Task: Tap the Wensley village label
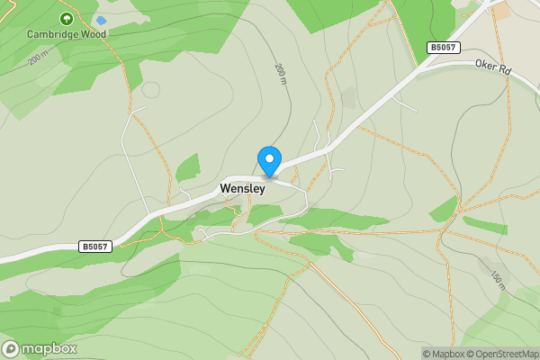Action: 242,190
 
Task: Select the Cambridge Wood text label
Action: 66,34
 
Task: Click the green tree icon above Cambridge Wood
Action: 66,18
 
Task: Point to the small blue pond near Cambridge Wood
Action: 101,20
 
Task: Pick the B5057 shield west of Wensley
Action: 96,246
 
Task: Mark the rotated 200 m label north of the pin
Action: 279,75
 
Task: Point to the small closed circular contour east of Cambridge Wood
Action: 150,90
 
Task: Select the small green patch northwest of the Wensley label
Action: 187,168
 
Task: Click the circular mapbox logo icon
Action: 11,349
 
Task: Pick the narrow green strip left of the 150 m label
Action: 485,225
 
